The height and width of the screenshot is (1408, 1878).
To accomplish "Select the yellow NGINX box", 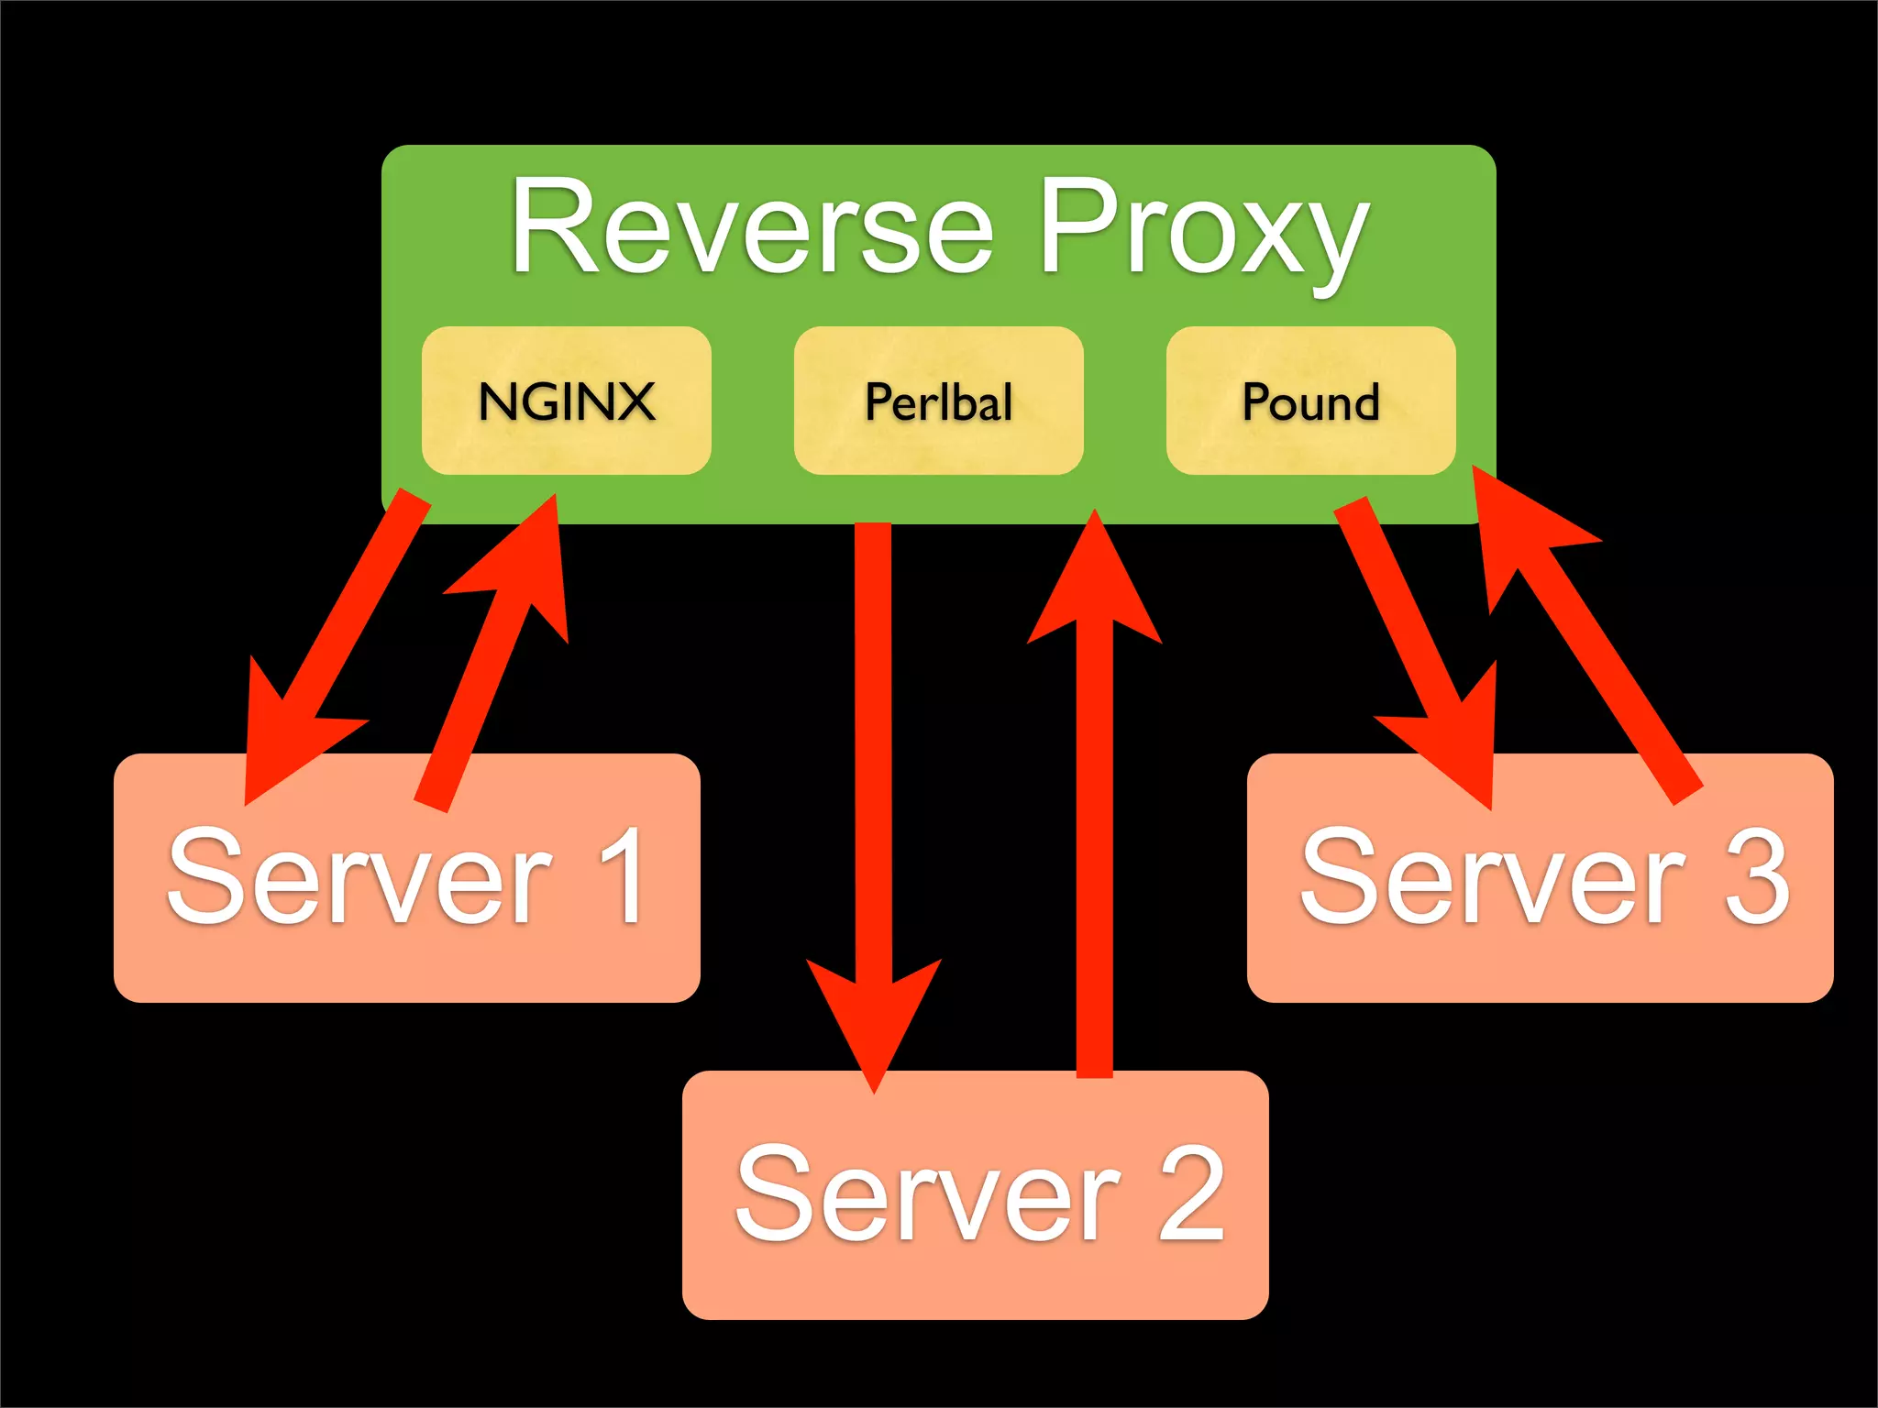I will coord(566,401).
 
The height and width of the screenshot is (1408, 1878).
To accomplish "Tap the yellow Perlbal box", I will coord(938,401).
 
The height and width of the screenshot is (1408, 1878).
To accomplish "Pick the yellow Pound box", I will coord(1310,401).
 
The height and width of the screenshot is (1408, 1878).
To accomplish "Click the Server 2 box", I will coord(975,1283).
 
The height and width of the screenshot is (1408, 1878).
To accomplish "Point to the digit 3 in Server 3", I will coord(1756,875).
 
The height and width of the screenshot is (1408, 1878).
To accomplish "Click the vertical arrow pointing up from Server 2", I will coord(1094,825).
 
